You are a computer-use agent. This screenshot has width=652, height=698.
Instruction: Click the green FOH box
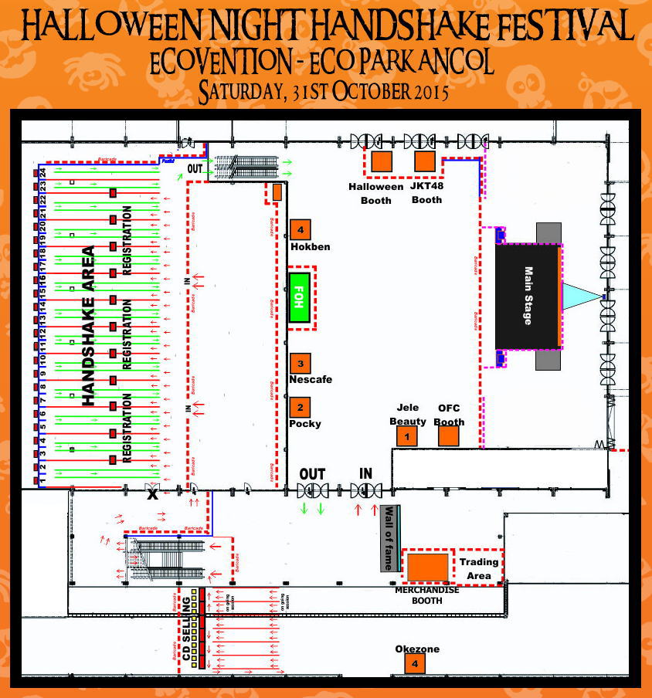[299, 297]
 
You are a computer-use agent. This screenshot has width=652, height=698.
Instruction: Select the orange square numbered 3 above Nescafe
[301, 363]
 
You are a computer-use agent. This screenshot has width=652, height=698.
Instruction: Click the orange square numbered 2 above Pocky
[301, 407]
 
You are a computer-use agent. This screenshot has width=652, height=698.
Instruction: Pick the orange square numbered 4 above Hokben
[301, 229]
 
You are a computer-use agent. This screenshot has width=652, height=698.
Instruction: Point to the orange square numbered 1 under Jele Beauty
[406, 436]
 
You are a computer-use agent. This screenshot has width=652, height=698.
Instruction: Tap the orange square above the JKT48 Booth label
[425, 161]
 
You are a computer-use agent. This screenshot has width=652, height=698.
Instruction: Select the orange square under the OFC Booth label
[449, 436]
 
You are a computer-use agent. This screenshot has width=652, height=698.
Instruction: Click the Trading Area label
[479, 568]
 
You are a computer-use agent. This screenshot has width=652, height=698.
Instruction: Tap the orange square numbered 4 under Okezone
[416, 664]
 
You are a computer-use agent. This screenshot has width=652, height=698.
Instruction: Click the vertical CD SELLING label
[187, 629]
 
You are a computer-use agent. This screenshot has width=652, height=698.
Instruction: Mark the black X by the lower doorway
[152, 495]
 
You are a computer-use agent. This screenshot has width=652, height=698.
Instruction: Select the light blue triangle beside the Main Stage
[579, 296]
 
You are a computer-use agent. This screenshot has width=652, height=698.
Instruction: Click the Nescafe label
[310, 379]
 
